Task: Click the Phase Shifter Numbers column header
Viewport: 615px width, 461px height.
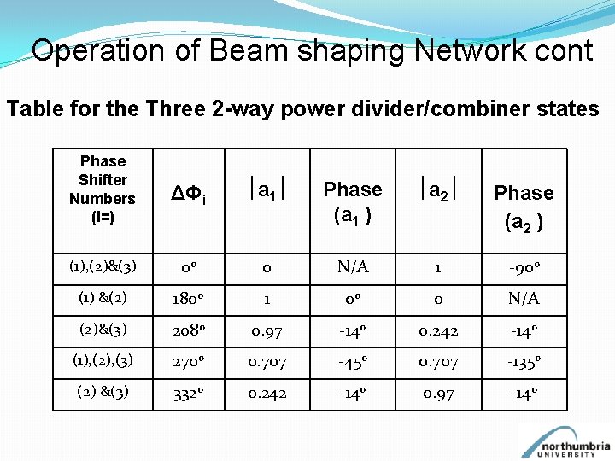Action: pyautogui.click(x=102, y=189)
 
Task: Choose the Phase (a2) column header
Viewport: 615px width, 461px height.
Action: pyautogui.click(x=524, y=207)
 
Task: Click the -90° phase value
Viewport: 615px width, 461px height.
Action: pyautogui.click(x=524, y=268)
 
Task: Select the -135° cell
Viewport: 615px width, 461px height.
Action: pyautogui.click(x=524, y=362)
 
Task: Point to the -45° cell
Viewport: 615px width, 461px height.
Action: pyautogui.click(x=352, y=362)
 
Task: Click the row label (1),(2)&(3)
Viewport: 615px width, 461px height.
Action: pyautogui.click(x=102, y=268)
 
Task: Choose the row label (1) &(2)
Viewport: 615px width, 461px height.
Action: pyautogui.click(x=102, y=299)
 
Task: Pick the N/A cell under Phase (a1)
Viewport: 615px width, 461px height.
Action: pyautogui.click(x=352, y=268)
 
